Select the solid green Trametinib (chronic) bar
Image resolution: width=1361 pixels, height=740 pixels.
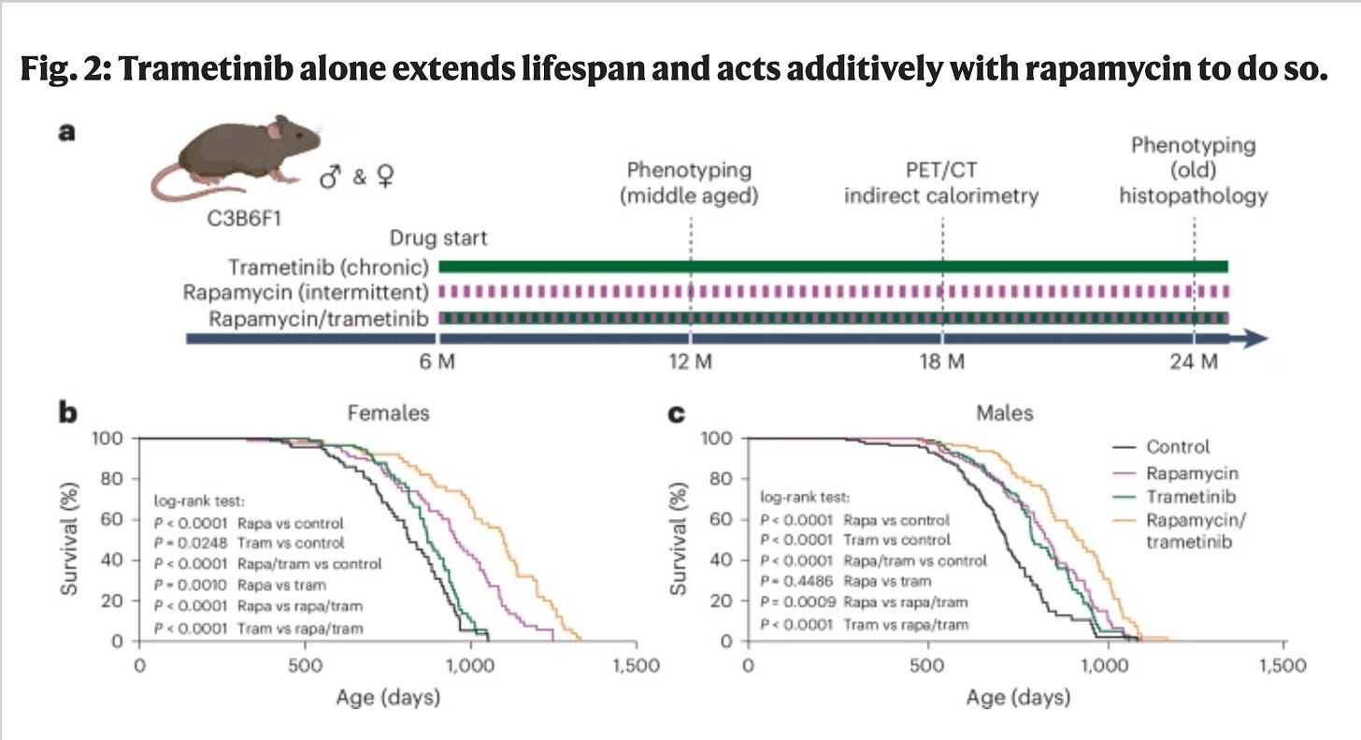point(832,266)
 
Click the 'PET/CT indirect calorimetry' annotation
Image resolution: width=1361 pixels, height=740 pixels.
point(941,183)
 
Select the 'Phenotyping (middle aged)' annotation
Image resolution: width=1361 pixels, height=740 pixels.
point(689,183)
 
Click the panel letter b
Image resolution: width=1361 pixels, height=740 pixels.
point(68,413)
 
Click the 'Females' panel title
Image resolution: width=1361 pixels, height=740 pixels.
point(389,413)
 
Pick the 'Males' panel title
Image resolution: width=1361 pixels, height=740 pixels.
point(1006,413)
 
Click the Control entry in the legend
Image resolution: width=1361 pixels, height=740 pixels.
point(1177,446)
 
